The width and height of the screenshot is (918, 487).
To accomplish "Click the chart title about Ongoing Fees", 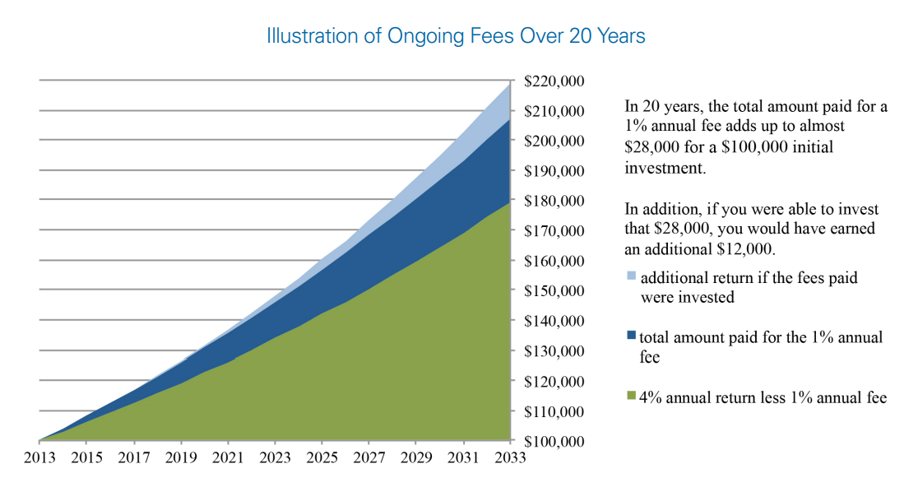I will pos(456,37).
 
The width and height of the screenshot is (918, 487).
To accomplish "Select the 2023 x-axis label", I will pos(276,458).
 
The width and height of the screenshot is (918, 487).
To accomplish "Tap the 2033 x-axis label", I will pos(511,458).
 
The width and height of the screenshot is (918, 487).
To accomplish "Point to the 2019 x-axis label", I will pos(181,458).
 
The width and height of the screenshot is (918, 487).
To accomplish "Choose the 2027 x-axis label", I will pos(369,458).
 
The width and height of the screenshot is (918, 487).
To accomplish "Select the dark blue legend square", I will pos(631,336).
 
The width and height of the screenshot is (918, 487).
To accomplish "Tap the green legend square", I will pos(631,397).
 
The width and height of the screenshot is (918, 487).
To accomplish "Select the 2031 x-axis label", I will pos(464,458).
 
